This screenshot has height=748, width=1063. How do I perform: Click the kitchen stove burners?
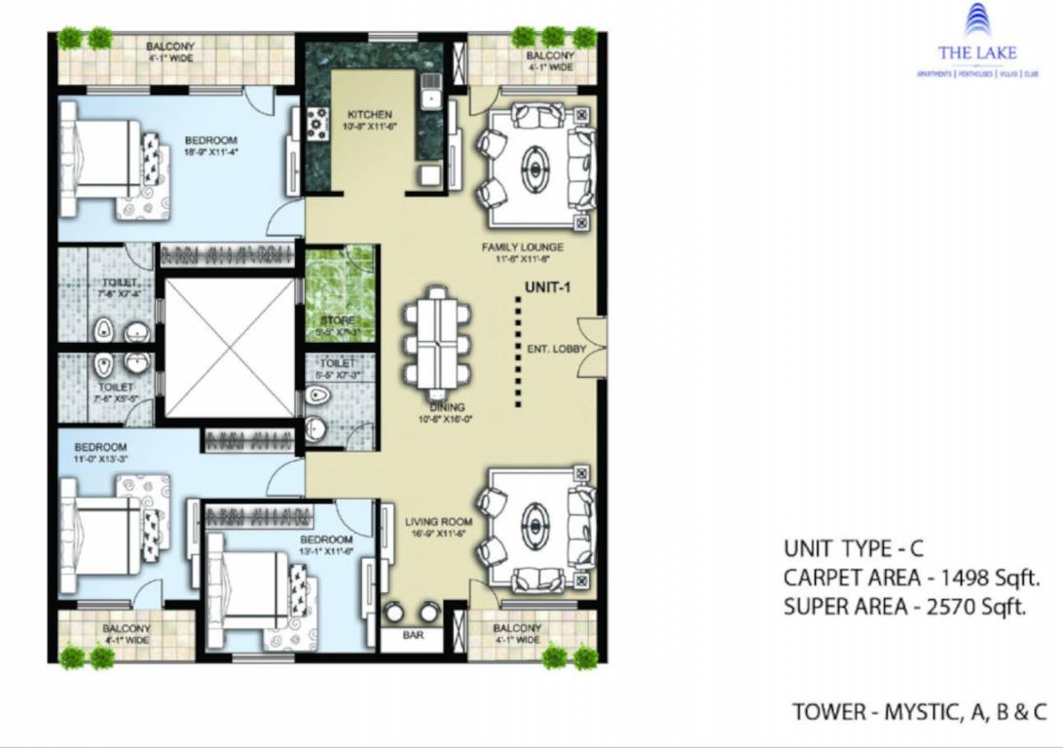coord(317,122)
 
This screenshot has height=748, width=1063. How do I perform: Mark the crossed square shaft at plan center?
coord(230,348)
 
